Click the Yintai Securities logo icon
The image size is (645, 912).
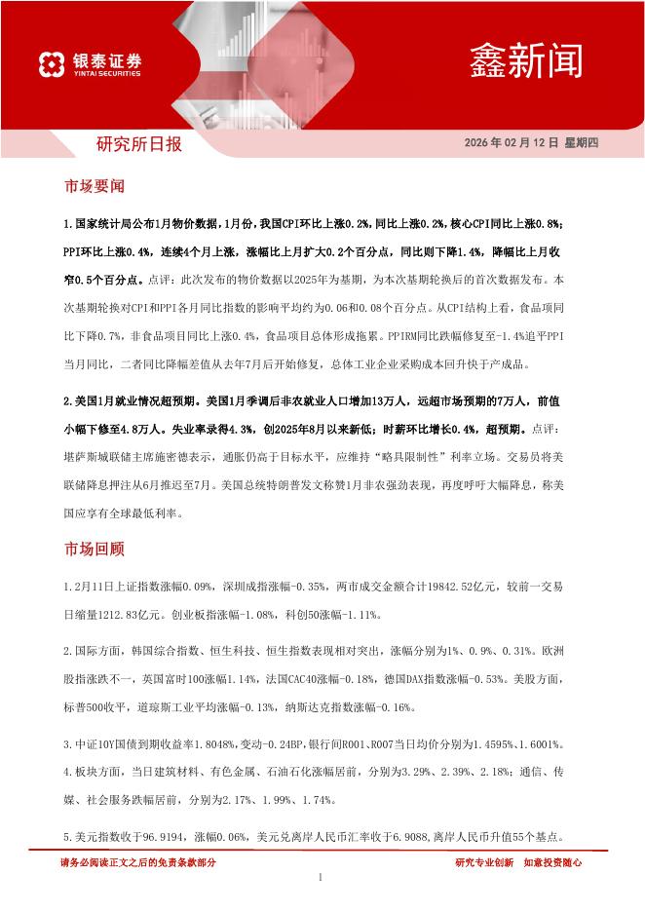point(52,64)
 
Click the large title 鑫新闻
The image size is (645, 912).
point(526,60)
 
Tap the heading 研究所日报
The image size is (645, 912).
point(137,144)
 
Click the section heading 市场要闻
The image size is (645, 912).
point(94,185)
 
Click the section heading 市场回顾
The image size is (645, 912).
point(94,549)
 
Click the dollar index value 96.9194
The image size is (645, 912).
point(162,836)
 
